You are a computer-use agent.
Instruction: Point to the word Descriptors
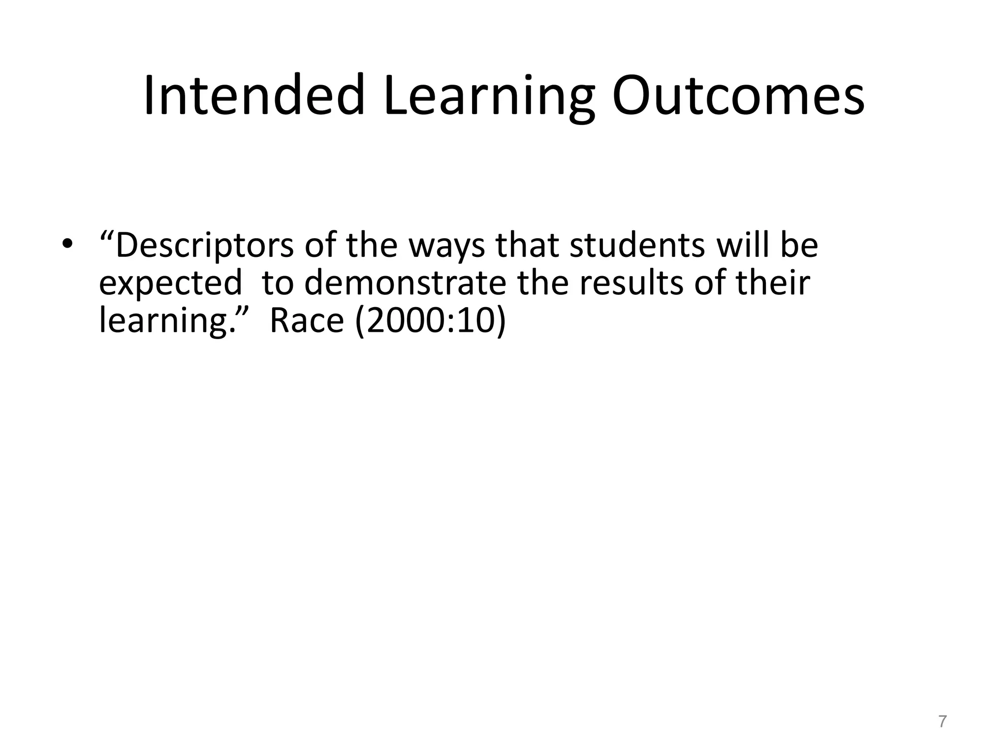[204, 246]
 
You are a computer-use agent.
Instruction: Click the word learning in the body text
[165, 321]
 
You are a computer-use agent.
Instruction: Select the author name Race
[307, 320]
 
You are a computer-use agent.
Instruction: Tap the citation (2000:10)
[430, 321]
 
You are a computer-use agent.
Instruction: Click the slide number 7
[942, 722]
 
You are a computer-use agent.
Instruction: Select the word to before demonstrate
[277, 284]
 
